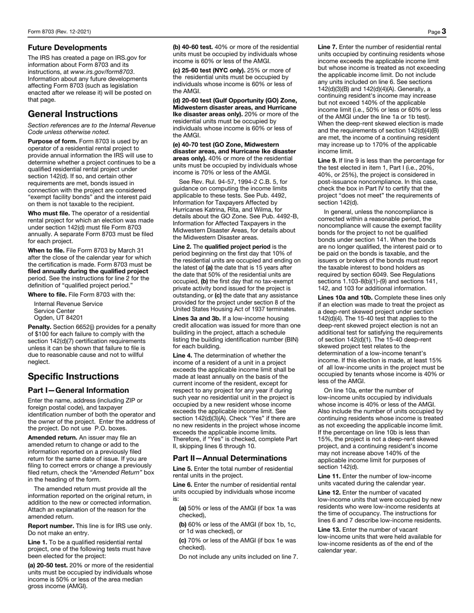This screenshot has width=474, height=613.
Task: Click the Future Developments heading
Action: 67,48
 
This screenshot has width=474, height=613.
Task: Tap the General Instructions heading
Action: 73,114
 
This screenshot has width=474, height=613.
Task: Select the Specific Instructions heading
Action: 73,376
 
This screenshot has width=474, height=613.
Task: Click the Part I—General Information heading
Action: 78,390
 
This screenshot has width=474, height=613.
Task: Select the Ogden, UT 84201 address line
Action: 58,317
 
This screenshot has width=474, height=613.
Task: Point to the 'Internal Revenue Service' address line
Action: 68,304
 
